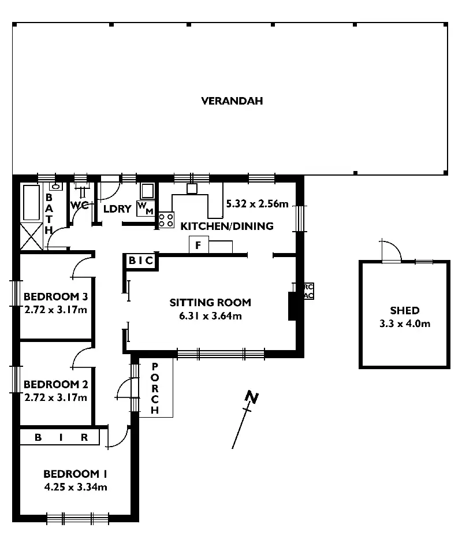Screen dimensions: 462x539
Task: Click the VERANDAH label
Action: [232, 101]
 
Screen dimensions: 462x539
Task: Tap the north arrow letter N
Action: [251, 397]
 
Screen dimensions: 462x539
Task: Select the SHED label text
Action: [404, 310]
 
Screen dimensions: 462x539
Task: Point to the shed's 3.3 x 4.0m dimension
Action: [404, 324]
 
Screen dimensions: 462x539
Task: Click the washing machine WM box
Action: [145, 209]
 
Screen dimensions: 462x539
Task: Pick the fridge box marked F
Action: [198, 246]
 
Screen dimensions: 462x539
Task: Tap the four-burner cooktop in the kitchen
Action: [166, 220]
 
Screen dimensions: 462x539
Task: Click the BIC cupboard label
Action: [141, 261]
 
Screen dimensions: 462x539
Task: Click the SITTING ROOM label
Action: [210, 302]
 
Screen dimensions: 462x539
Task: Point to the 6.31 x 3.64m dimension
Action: [210, 315]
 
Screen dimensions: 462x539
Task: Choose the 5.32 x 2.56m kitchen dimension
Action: [257, 203]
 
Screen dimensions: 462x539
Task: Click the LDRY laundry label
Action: [117, 209]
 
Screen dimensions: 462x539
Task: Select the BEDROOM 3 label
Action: [55, 297]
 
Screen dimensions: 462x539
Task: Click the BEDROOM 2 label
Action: [55, 384]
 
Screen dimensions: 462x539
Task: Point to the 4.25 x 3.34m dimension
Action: [75, 487]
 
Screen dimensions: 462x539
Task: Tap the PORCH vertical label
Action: [155, 388]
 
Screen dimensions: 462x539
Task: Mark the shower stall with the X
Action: [32, 236]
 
